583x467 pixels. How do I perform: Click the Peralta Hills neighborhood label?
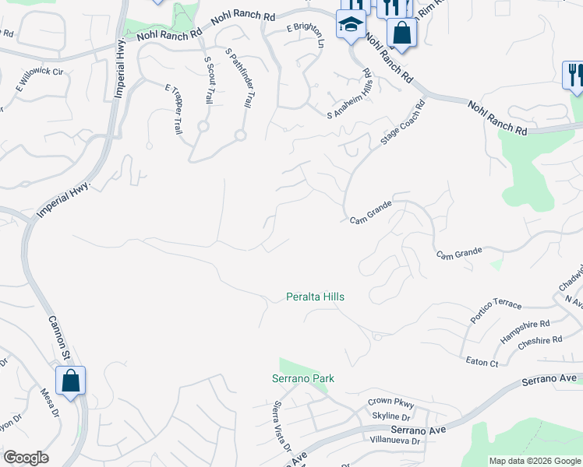[315, 297]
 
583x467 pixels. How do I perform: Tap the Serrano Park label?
[302, 379]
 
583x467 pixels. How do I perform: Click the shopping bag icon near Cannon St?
[70, 381]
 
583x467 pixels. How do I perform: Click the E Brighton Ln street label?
[305, 37]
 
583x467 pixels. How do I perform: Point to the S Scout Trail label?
[208, 79]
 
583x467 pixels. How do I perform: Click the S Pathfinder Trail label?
[239, 78]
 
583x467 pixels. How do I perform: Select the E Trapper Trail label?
[173, 110]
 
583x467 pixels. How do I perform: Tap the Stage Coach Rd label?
[403, 123]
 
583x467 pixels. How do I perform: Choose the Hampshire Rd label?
[525, 329]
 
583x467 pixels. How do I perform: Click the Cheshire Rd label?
[540, 340]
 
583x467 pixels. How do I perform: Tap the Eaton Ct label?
[482, 363]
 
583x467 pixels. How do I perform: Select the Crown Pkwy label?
[390, 402]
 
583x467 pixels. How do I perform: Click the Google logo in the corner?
[26, 458]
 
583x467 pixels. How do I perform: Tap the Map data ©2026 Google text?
[534, 461]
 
